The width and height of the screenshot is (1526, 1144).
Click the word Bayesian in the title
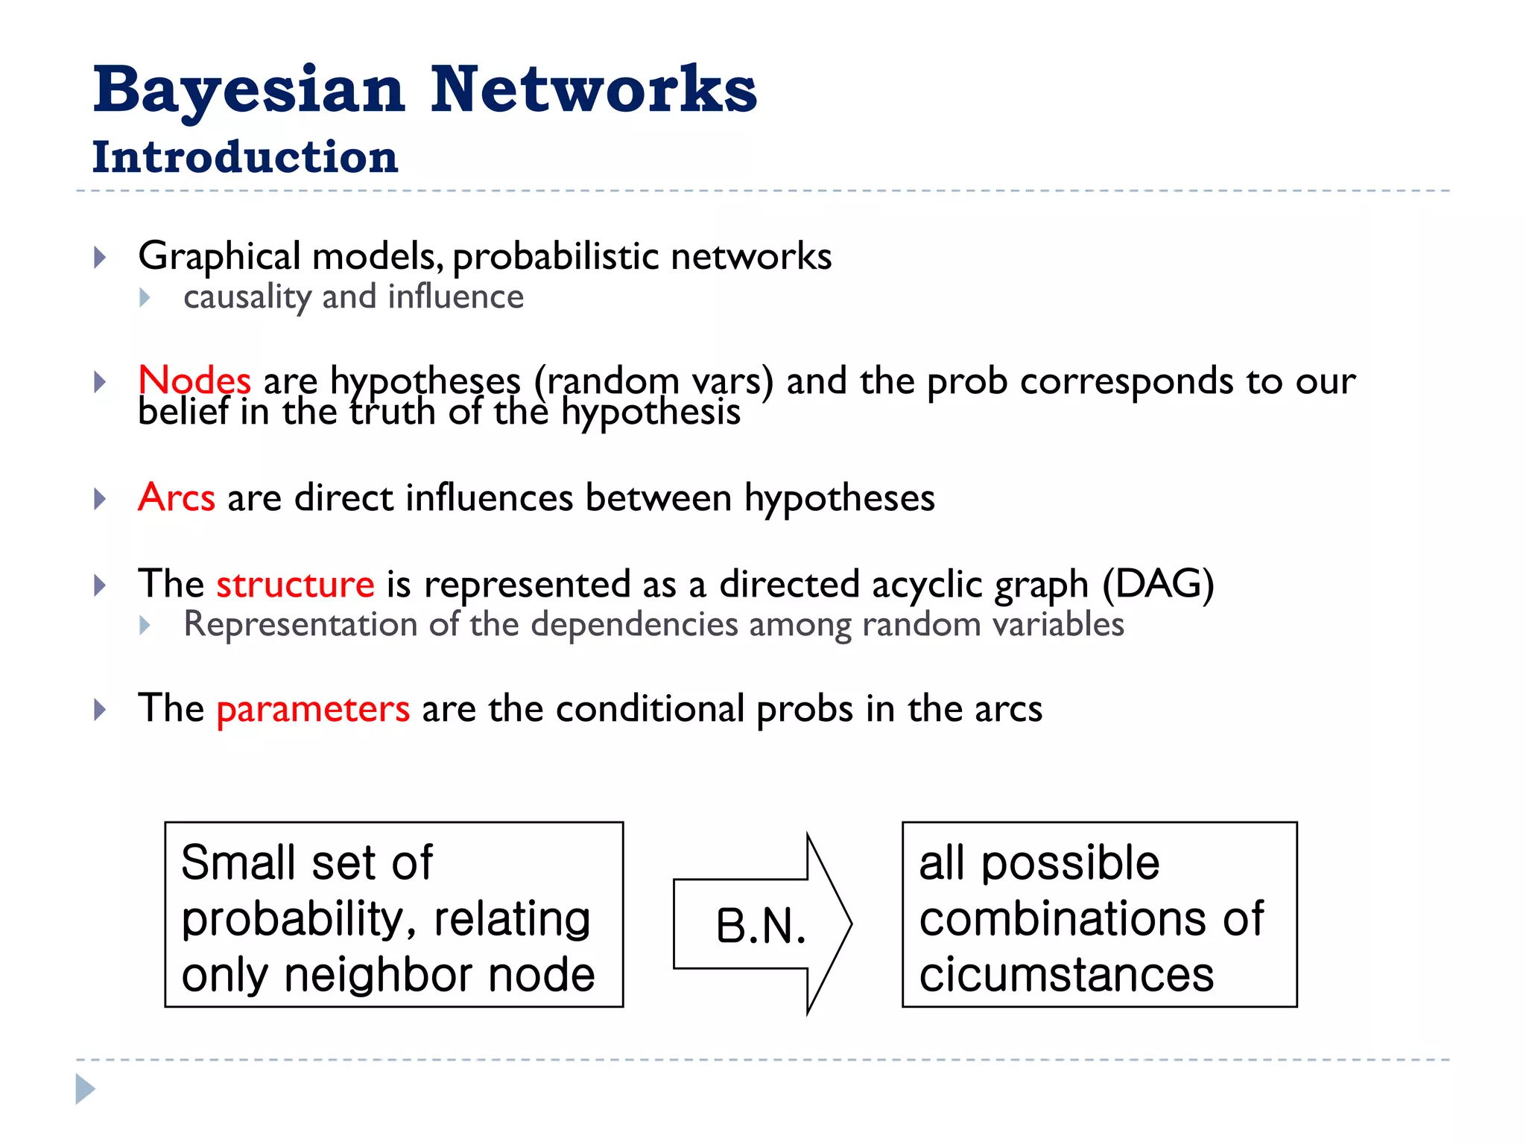pos(249,91)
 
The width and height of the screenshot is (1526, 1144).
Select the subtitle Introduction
pos(245,157)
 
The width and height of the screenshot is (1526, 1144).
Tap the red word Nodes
pos(194,381)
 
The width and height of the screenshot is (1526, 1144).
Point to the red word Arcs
pos(177,498)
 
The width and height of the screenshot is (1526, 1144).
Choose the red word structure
pos(295,584)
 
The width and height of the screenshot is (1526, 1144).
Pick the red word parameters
pos(313,708)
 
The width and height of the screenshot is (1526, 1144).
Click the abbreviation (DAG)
pos(1158,584)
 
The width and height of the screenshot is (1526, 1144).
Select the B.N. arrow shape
pos(762,924)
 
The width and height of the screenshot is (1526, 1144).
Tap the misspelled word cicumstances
pos(1066,974)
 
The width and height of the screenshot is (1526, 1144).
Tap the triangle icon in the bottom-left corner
pos(85,1089)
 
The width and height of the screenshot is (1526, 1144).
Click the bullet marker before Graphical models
pos(100,258)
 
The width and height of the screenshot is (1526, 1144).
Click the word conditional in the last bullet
pos(650,708)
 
